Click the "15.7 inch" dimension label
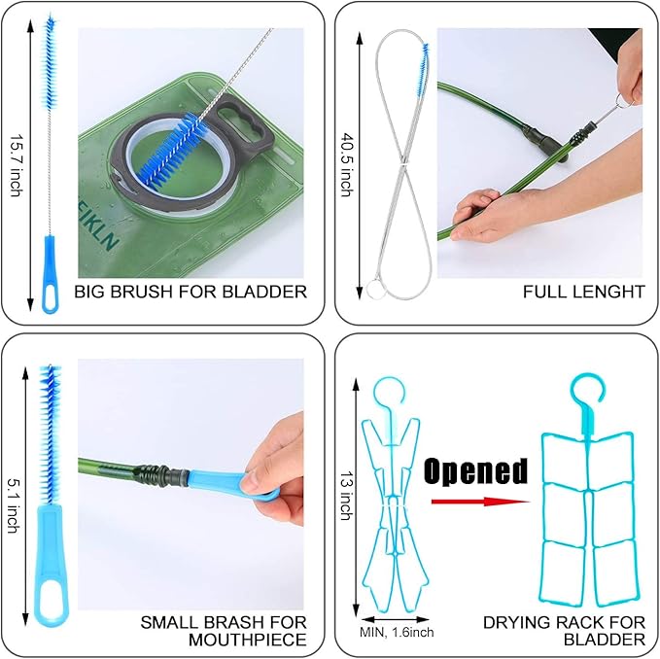(17, 166)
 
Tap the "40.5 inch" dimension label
(347, 165)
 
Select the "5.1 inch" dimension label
(14, 505)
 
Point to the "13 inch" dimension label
(347, 496)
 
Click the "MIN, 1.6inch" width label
(397, 632)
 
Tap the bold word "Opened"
(475, 470)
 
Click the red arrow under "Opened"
(480, 502)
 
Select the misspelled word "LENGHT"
(611, 292)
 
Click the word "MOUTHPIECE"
(248, 641)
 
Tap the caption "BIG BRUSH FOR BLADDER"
(191, 292)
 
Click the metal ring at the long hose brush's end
(374, 290)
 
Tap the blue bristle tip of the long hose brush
(423, 69)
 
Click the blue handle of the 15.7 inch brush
(50, 274)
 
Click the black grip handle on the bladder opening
(241, 122)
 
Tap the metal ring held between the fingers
(622, 100)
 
